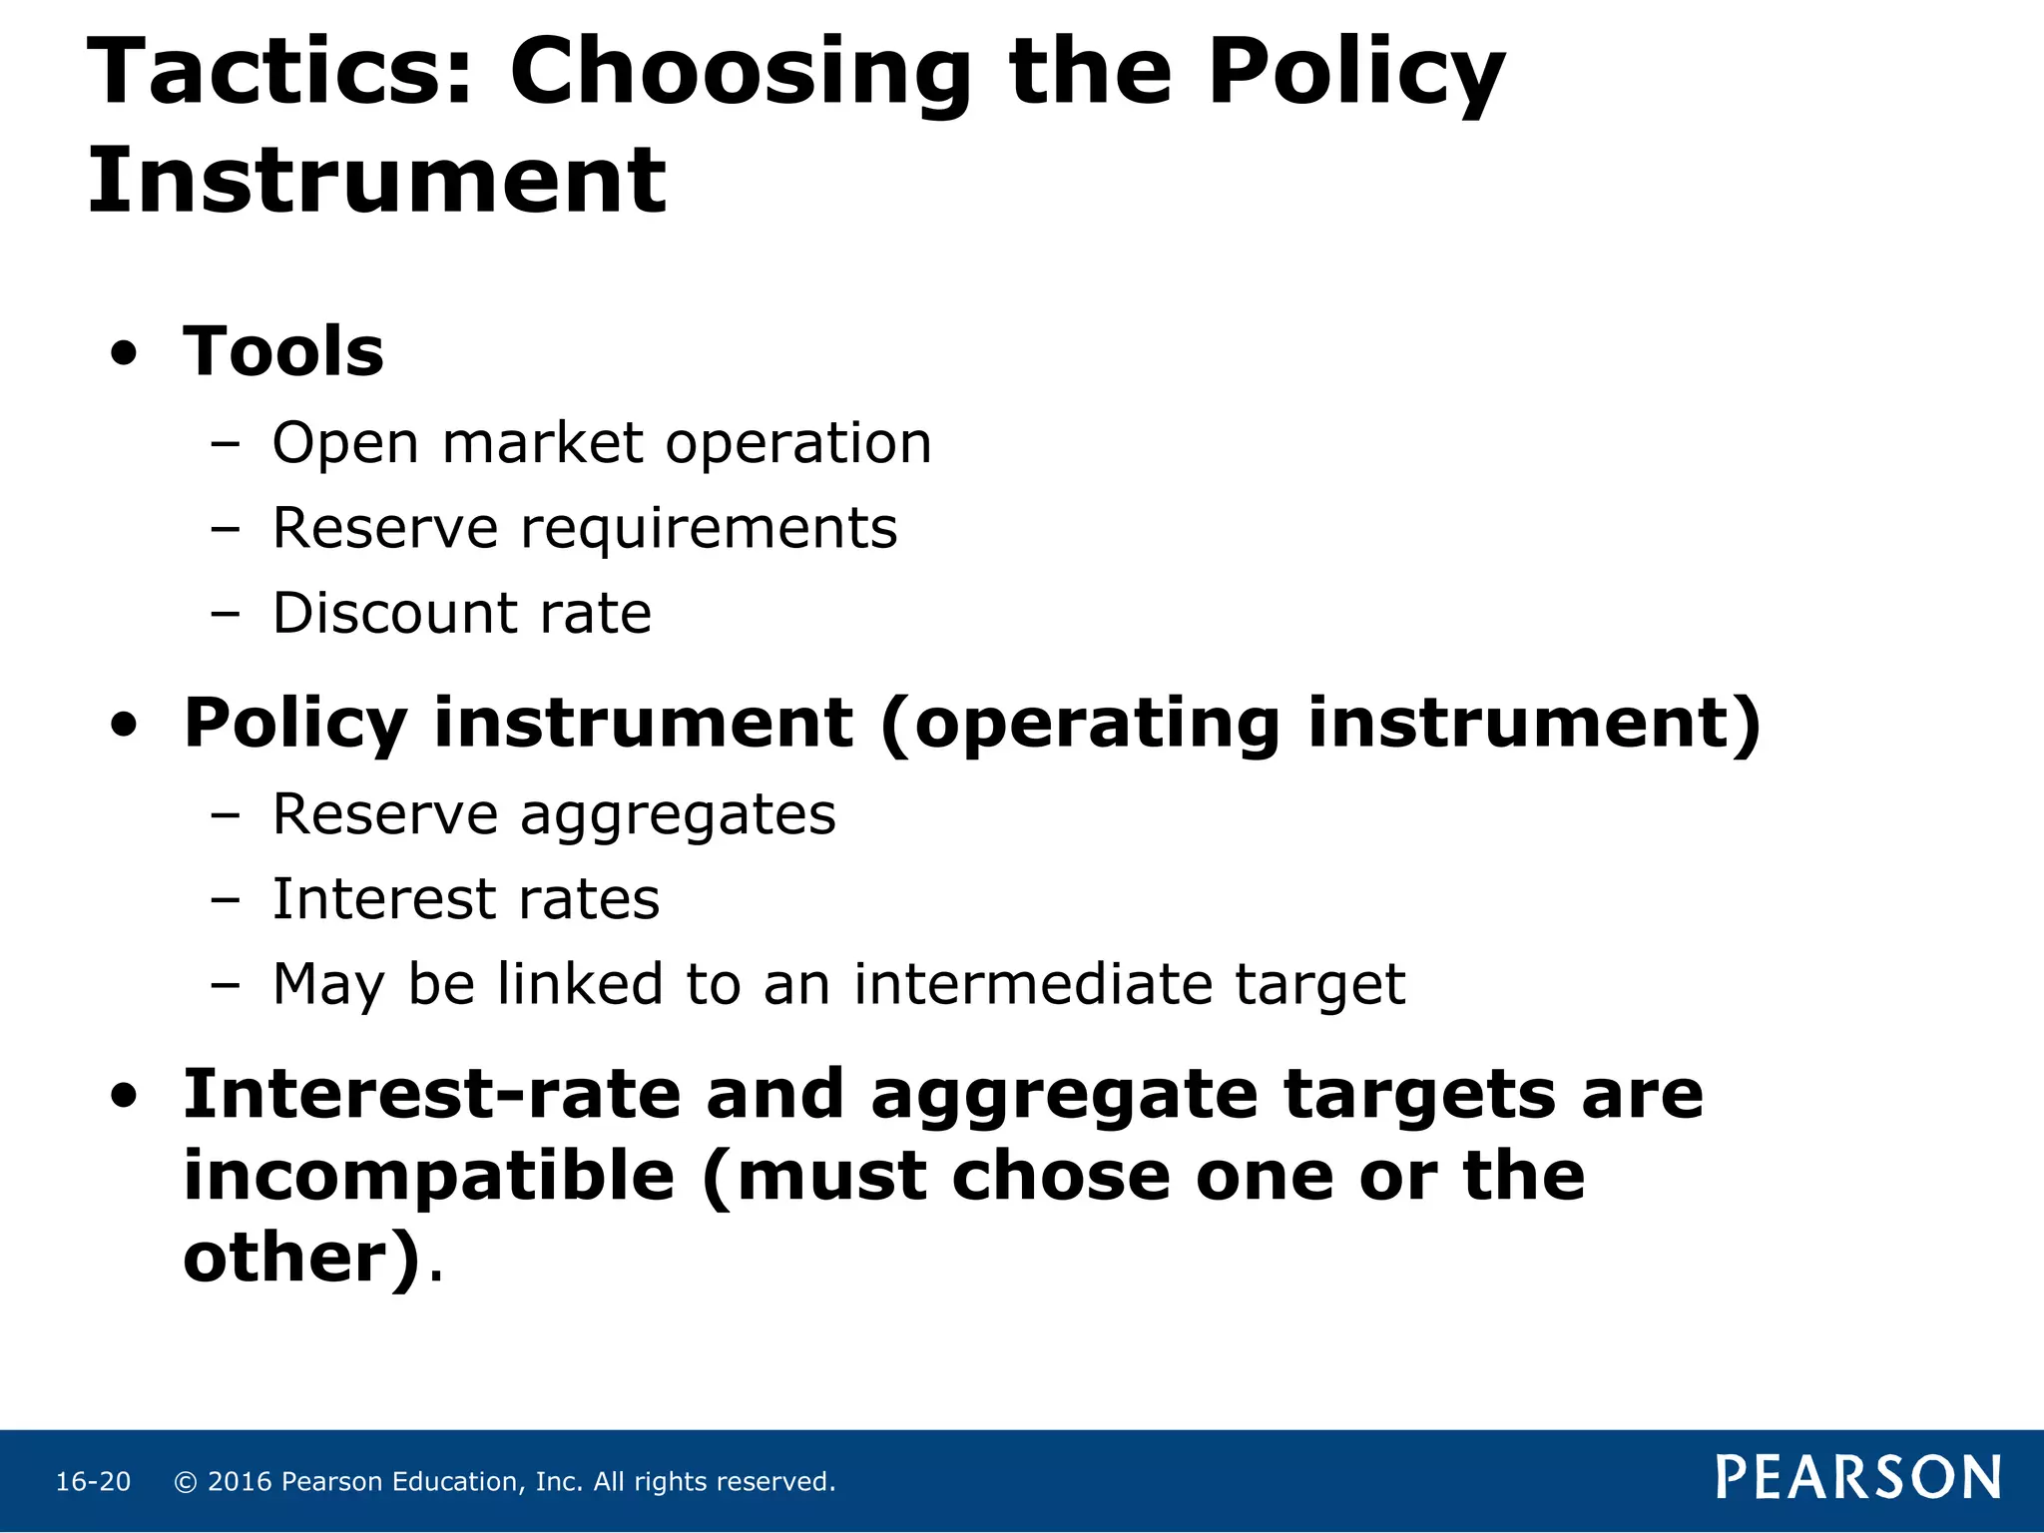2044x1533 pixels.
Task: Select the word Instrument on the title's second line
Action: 376,181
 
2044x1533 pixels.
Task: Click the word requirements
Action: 709,529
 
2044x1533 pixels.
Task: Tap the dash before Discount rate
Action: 226,614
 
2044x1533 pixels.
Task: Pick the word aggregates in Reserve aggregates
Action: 678,814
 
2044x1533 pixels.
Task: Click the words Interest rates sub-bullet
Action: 465,899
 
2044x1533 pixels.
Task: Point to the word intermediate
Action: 1033,984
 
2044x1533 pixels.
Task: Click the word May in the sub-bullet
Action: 328,986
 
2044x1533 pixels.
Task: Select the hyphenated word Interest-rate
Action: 431,1095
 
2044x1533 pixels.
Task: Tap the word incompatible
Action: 429,1176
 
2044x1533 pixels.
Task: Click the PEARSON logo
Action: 1858,1477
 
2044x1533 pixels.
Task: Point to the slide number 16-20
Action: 93,1482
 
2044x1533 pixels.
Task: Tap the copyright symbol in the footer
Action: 186,1482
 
